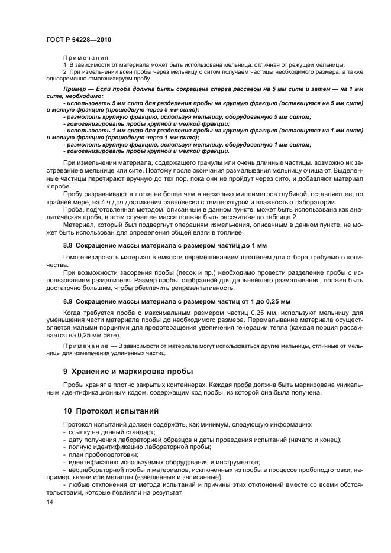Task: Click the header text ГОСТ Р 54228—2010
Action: [x=79, y=39]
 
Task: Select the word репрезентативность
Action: [x=202, y=288]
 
